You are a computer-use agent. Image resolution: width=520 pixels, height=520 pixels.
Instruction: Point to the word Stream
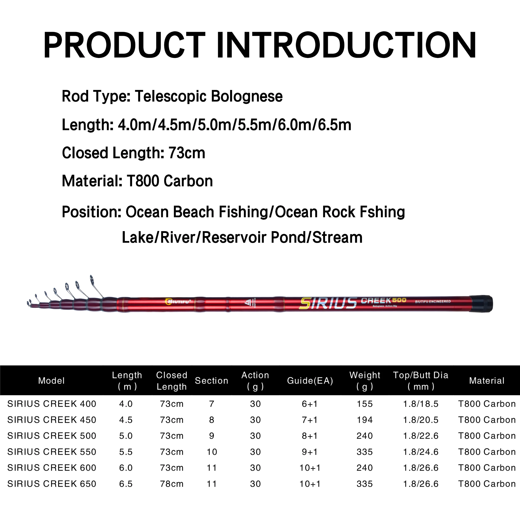click(337, 237)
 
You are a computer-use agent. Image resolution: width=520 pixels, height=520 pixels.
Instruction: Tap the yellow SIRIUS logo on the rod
click(328, 304)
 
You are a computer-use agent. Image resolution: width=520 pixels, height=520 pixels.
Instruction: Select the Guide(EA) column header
click(310, 381)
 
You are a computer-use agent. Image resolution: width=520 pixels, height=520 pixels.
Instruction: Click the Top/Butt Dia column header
click(421, 381)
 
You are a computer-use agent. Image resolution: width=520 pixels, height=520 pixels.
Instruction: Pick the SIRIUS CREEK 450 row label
click(52, 420)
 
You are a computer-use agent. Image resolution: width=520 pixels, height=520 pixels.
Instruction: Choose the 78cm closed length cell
click(172, 484)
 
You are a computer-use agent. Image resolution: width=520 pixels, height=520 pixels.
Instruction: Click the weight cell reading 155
click(365, 404)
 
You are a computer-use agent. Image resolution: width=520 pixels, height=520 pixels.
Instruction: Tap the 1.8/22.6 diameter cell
click(421, 436)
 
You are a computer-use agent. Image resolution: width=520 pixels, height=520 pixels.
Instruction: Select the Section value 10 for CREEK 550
click(212, 452)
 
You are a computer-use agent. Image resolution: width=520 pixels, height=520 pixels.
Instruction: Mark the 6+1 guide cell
click(310, 404)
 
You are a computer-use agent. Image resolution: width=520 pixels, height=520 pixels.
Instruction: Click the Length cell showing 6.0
click(126, 468)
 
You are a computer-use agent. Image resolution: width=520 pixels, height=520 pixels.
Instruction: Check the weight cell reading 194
click(365, 420)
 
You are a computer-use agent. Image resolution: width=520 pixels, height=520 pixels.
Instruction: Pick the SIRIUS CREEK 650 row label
click(52, 484)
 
